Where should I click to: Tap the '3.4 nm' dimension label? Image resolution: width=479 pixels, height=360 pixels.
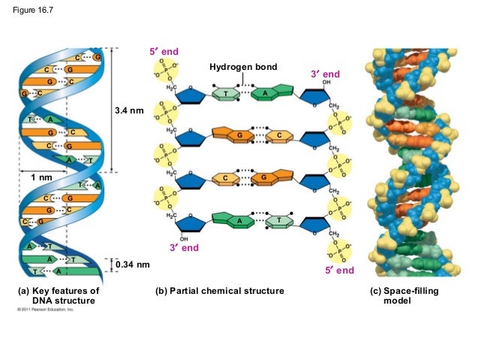coord(128,111)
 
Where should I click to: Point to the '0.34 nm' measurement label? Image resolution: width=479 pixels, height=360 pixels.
coord(133,265)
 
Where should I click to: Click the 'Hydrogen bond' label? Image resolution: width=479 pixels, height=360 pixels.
coord(243,68)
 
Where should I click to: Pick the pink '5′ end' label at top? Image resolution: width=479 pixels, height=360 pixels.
coord(164,51)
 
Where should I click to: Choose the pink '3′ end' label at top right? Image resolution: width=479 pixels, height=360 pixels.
coord(325,74)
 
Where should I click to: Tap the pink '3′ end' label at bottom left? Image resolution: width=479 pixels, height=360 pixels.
coord(184,247)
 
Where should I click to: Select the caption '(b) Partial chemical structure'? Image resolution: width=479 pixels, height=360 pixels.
coord(219,291)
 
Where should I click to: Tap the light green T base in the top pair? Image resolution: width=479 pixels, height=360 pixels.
coord(225,94)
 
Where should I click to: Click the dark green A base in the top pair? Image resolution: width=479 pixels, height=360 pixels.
coord(264,93)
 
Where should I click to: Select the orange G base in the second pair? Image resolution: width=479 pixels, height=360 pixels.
coord(239,135)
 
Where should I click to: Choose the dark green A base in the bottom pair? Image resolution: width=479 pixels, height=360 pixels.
coord(239,221)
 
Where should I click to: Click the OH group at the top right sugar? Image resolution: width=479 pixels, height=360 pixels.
coord(326,83)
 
